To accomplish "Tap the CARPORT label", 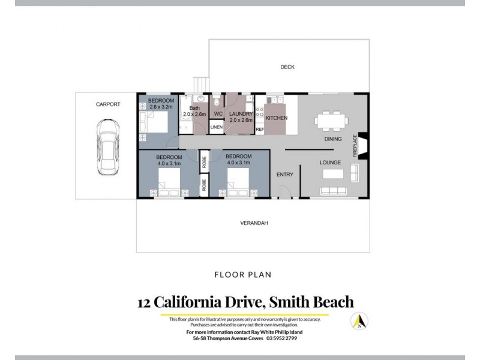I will (x=108, y=104).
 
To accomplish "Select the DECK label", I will (x=287, y=67).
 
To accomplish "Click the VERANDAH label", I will (x=254, y=223).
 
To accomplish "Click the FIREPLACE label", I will (x=355, y=145).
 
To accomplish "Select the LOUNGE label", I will (x=330, y=163).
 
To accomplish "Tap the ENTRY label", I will (x=284, y=175).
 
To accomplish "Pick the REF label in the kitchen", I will (x=260, y=130).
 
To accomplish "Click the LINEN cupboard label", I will (x=217, y=128).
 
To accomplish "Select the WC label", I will (x=218, y=113).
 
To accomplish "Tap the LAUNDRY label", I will (x=241, y=113).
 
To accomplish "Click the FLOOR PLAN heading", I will (x=242, y=275).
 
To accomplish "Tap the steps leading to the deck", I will (x=200, y=86).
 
